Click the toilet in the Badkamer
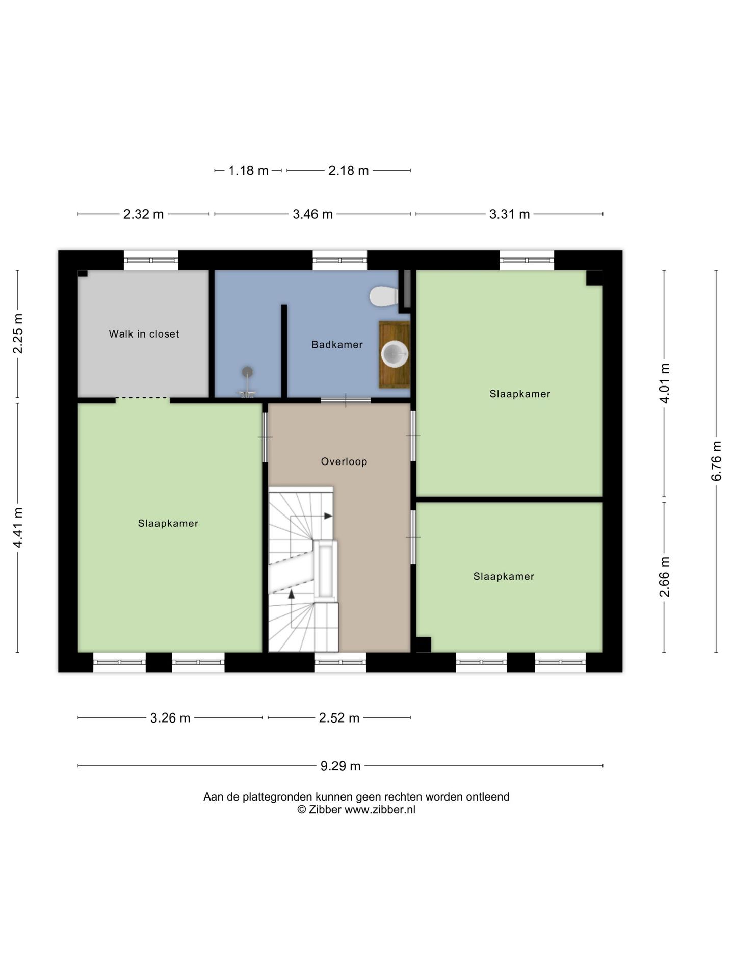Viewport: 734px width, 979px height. (383, 296)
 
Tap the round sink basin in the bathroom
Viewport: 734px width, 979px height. (395, 353)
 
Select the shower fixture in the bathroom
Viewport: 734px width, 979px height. (247, 381)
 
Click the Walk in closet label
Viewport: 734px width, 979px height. (144, 334)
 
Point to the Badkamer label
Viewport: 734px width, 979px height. (337, 345)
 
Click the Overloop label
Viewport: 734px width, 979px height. (344, 461)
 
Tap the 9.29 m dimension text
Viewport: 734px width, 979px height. (340, 766)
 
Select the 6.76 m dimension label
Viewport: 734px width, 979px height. (716, 461)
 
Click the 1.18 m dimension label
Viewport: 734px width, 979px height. (248, 170)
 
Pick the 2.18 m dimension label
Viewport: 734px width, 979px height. (349, 170)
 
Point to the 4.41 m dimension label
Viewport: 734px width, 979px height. (18, 528)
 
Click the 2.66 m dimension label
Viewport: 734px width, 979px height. (664, 577)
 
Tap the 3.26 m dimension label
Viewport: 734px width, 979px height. (170, 718)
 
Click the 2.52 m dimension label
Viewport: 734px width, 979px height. (339, 718)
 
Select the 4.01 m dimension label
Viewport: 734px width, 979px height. (664, 383)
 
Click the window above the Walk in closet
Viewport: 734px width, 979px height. (151, 260)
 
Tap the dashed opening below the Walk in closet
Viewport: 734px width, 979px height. (143, 398)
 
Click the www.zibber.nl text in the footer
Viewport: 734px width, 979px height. (380, 810)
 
